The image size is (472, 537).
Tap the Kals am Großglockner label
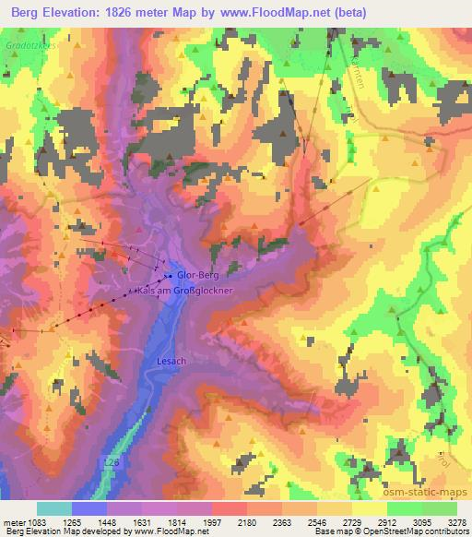point(189,290)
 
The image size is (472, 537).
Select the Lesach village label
point(172,362)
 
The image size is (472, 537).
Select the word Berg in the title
point(24,13)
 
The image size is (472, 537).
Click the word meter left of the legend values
point(15,523)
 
